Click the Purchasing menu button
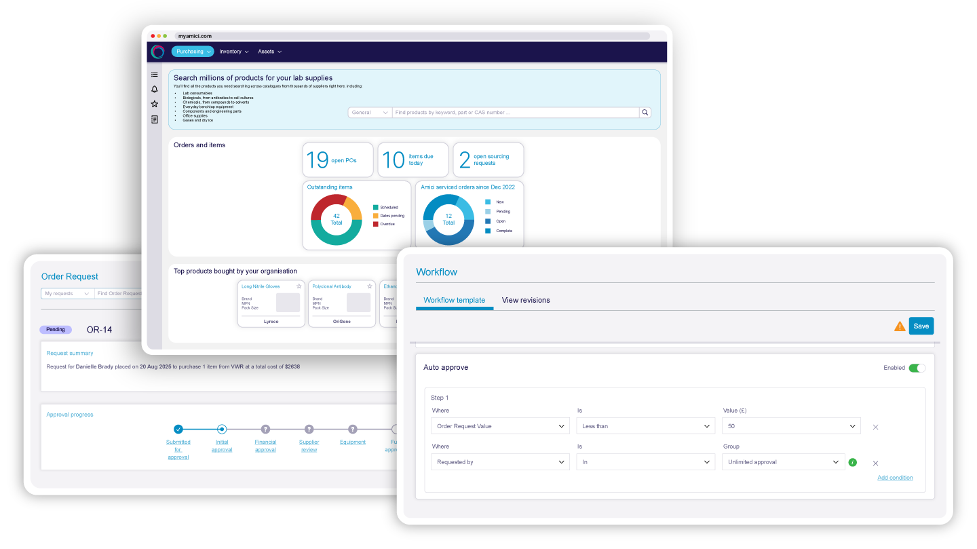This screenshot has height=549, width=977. click(x=192, y=52)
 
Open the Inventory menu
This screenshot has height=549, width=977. click(x=233, y=52)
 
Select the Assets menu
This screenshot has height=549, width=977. click(x=269, y=52)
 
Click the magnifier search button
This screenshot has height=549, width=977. click(x=645, y=113)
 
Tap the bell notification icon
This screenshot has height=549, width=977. click(x=155, y=90)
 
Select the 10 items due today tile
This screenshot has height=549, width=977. click(x=413, y=160)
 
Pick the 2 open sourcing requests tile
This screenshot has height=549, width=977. click(x=488, y=160)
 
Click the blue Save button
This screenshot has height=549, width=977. click(x=921, y=326)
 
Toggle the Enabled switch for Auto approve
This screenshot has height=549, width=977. click(x=917, y=368)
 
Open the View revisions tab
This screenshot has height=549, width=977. click(x=526, y=300)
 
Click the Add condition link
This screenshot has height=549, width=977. click(x=895, y=478)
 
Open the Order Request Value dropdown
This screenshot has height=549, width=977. click(x=500, y=426)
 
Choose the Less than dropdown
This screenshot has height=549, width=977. click(x=645, y=426)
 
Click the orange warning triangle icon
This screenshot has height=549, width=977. click(x=900, y=326)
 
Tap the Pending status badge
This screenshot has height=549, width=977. click(x=56, y=330)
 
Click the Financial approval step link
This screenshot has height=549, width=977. click(x=265, y=445)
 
